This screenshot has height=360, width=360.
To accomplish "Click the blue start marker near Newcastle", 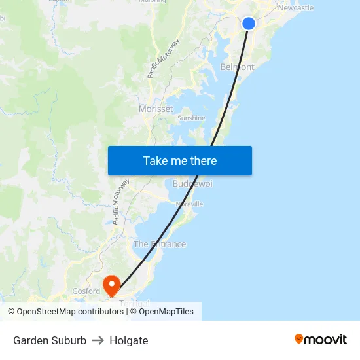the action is click(249, 24).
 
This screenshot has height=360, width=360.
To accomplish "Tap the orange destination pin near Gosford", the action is click(112, 285).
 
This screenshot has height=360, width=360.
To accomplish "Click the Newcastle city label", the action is click(295, 8).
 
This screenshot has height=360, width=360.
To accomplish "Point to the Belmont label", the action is click(237, 67).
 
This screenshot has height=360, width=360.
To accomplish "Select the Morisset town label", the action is click(156, 109).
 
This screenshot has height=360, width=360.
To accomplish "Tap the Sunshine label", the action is click(191, 118).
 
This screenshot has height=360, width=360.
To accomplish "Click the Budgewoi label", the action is click(192, 184).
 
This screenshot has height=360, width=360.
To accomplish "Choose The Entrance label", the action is click(160, 244).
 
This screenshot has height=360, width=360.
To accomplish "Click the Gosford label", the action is click(86, 291).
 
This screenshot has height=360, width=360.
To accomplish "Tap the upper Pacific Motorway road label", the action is click(163, 59).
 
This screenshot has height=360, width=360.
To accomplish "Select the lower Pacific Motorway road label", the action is click(120, 202).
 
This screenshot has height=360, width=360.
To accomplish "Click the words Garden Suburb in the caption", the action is click(50, 340).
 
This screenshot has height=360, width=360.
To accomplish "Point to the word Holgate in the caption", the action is click(129, 340).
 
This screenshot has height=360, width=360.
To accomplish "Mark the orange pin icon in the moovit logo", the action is click(299, 339).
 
